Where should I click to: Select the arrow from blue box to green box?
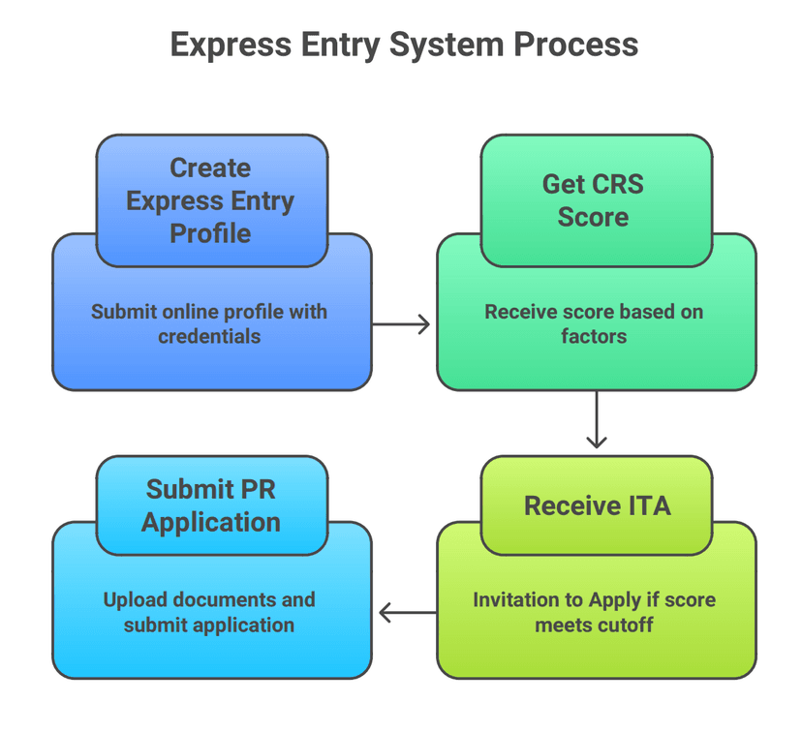[x=401, y=324]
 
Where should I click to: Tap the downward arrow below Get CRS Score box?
[x=597, y=419]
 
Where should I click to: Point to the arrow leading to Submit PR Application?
[x=407, y=612]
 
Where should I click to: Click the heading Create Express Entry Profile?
[x=210, y=200]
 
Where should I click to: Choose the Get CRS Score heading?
[x=593, y=200]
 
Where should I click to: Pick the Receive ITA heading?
[x=597, y=505]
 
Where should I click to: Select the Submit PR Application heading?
[x=210, y=505]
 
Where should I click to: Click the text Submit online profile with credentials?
[x=209, y=324]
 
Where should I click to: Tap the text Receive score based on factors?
[x=594, y=324]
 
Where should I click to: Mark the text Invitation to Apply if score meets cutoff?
[x=594, y=612]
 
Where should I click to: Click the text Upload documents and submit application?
[x=209, y=612]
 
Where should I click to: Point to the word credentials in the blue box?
[x=209, y=337]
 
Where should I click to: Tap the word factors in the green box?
[x=594, y=337]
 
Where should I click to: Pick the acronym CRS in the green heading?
[x=617, y=184]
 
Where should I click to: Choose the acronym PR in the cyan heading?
[x=258, y=489]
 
